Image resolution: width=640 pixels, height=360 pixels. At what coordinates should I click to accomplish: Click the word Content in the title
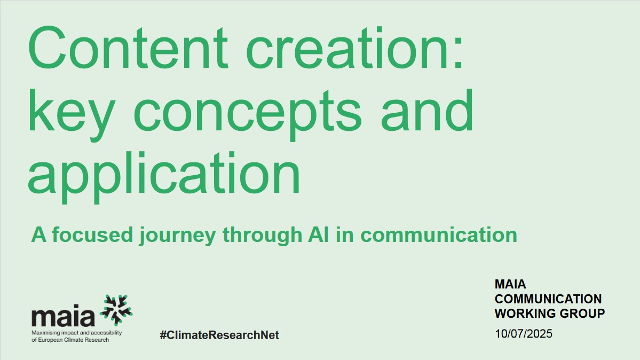pyautogui.click(x=128, y=48)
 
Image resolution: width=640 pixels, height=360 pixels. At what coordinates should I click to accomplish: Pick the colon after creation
pyautogui.click(x=458, y=53)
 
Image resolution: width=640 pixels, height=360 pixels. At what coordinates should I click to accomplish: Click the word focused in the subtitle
pyautogui.click(x=93, y=235)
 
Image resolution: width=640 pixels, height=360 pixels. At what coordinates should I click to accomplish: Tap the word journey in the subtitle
pyautogui.click(x=178, y=236)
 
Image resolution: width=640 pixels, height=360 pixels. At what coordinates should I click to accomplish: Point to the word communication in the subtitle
pyautogui.click(x=439, y=235)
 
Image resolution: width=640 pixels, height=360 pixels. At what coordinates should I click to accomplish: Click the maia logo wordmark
pyautogui.click(x=64, y=316)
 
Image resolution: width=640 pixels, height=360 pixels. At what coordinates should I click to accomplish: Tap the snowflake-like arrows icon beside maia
pyautogui.click(x=116, y=310)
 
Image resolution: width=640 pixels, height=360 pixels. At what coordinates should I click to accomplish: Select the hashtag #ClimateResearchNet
pyautogui.click(x=219, y=335)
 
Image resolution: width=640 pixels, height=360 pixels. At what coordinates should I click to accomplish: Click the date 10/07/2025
pyautogui.click(x=524, y=334)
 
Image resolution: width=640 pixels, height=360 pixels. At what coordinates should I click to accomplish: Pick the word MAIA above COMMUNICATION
pyautogui.click(x=510, y=284)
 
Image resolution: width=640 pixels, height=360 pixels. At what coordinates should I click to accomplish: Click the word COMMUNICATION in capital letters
pyautogui.click(x=548, y=299)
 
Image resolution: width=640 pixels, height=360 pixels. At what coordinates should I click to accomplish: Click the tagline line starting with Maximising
pyautogui.click(x=77, y=333)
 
